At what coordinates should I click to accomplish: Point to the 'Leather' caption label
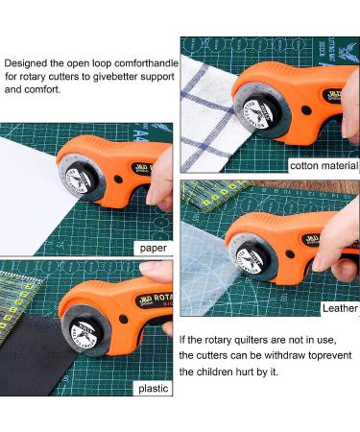[339, 308]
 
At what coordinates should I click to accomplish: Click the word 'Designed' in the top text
[29, 60]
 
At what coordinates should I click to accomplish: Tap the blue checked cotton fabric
[206, 106]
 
